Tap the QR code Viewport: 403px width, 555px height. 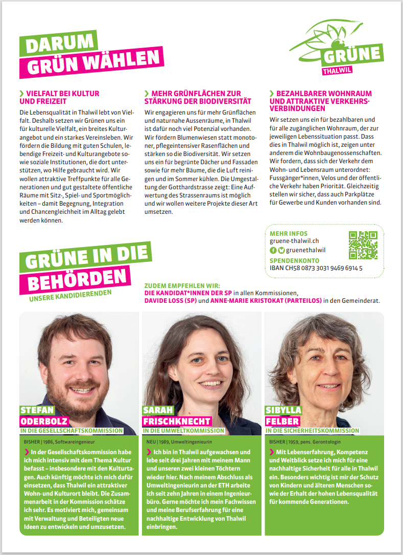point(363,245)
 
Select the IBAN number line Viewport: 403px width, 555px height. point(316,268)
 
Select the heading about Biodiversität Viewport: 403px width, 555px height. point(195,97)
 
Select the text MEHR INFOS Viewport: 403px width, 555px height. point(289,233)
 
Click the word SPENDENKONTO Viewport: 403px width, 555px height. point(295,260)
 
